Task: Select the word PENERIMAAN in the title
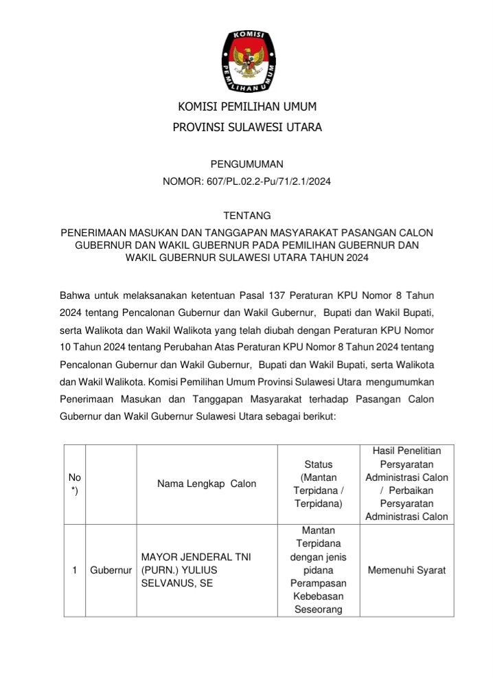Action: (x=93, y=233)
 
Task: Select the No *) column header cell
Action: (x=73, y=484)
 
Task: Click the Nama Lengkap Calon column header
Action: (x=207, y=484)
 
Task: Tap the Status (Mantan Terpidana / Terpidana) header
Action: (x=318, y=484)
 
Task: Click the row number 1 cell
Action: (x=73, y=570)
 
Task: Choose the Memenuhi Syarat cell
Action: (x=406, y=570)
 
